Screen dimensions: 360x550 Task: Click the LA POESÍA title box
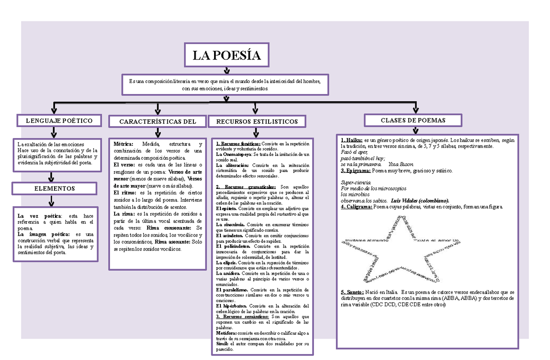tap(226, 56)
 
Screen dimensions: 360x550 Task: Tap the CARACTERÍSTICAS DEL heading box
tap(157, 122)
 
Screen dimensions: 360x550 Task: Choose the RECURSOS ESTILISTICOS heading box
tap(257, 122)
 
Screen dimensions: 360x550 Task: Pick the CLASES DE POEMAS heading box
tap(413, 120)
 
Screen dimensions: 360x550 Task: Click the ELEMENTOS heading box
tap(55, 188)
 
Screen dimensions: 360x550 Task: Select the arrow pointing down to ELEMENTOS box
tap(54, 177)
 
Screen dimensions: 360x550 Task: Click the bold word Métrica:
tap(123, 144)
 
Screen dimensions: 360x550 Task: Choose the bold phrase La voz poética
tap(38, 216)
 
